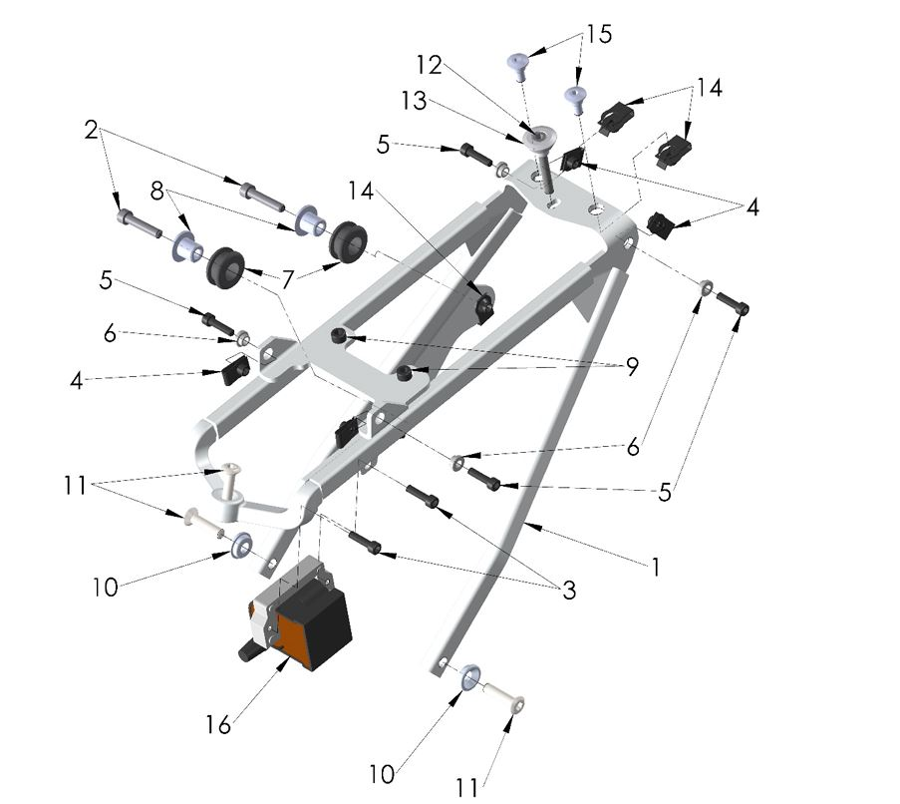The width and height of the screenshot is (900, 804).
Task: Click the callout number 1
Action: (x=655, y=567)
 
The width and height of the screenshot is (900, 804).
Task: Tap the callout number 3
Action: (x=569, y=590)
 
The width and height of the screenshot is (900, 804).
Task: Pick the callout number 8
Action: (x=157, y=190)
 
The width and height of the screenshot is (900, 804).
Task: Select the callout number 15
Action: (x=598, y=34)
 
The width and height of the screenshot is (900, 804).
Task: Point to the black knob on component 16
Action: (x=245, y=650)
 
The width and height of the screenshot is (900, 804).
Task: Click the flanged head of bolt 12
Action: (x=545, y=135)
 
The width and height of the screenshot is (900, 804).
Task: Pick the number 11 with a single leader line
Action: (x=467, y=787)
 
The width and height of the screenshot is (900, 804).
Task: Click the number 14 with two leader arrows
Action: (x=709, y=87)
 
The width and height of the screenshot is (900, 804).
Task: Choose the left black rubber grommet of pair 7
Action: (x=225, y=266)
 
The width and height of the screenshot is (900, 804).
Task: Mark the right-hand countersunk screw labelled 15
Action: (x=575, y=96)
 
